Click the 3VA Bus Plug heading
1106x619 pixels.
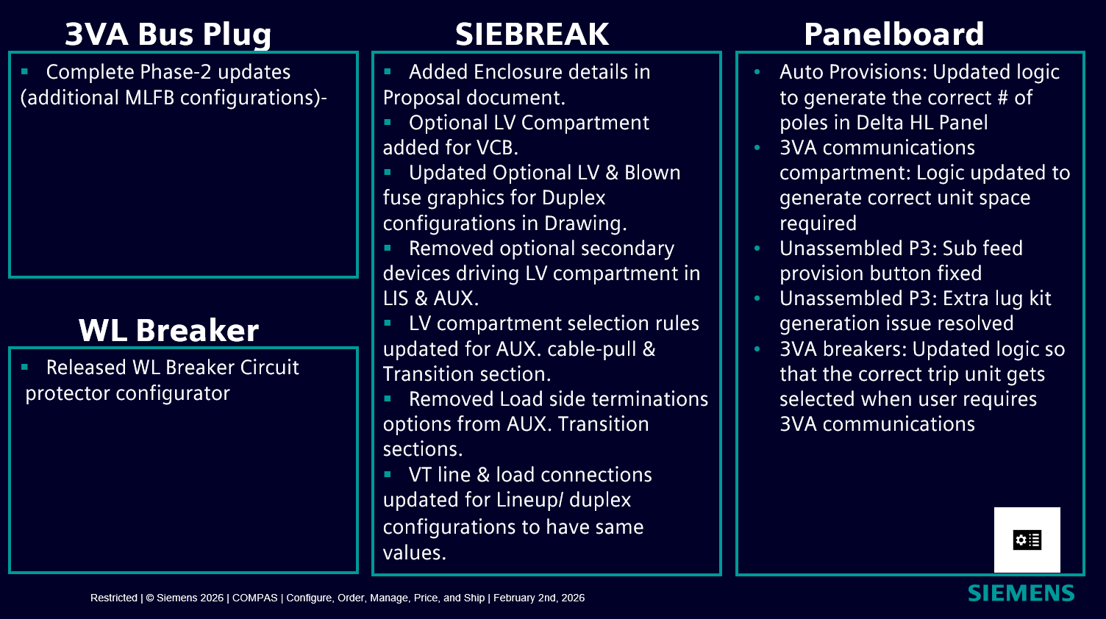tap(168, 35)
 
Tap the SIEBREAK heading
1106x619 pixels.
tap(532, 34)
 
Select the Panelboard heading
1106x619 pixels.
tap(893, 34)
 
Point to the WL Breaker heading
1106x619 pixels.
tap(168, 330)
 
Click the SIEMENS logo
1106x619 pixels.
tap(1021, 593)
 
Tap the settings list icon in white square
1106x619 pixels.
tap(1027, 540)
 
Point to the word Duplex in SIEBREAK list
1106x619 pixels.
tap(574, 198)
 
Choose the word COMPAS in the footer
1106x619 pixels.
tap(254, 598)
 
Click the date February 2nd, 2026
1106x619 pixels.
tap(539, 598)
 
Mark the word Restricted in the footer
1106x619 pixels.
tap(113, 598)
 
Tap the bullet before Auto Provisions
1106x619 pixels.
tap(757, 72)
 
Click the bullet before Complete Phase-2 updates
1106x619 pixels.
tap(24, 72)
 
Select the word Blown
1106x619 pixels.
tap(652, 173)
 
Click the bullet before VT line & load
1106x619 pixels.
tap(388, 474)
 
